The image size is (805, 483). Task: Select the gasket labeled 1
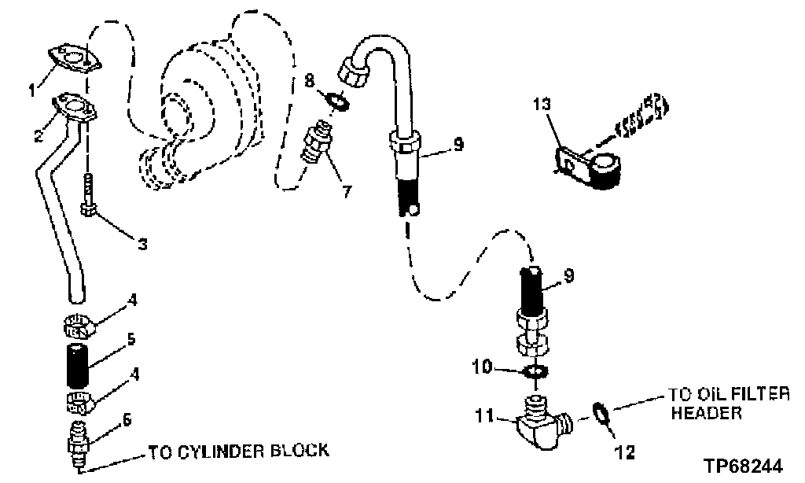(72, 60)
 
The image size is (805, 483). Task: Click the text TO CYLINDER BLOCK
(238, 452)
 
